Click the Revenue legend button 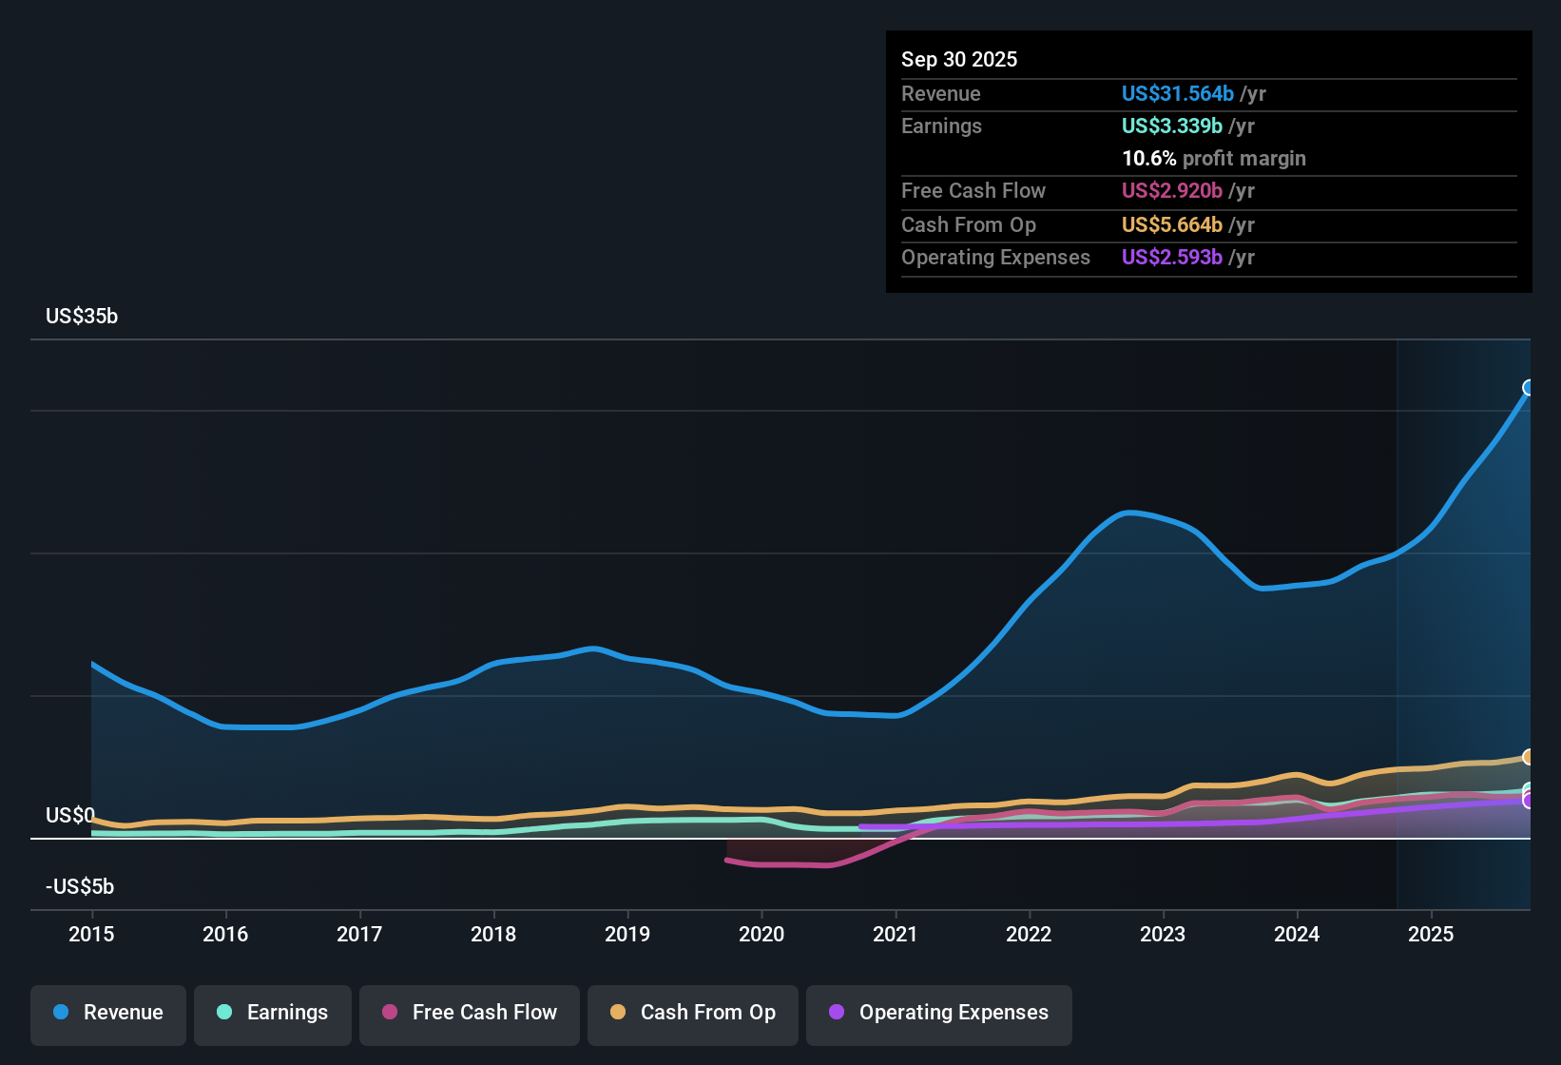(x=108, y=1013)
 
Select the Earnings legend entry (x=273, y=1013)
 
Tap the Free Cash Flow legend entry (x=470, y=1013)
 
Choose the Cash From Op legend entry (x=693, y=1013)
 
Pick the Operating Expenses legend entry (x=939, y=1013)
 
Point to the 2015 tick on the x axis (x=91, y=934)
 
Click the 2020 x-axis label (x=761, y=934)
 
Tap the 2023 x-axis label (x=1163, y=934)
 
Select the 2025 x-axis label (x=1431, y=934)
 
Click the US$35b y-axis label (x=82, y=317)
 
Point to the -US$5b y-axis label (x=80, y=886)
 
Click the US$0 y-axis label (x=69, y=815)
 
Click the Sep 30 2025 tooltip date (x=959, y=59)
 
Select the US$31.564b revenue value (x=1177, y=93)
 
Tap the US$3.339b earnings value (x=1171, y=126)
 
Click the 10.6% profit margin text (x=1213, y=158)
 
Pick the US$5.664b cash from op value (x=1171, y=224)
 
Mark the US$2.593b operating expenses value (x=1171, y=257)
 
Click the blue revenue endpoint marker (x=1529, y=387)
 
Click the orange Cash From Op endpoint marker (x=1529, y=757)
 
